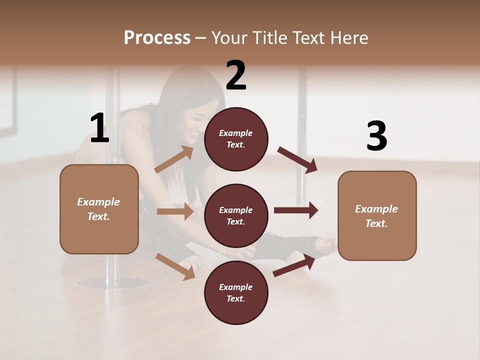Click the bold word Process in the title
click(x=157, y=38)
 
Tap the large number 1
click(x=99, y=128)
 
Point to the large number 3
click(x=376, y=136)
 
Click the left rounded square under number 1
click(x=99, y=209)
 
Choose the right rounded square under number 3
click(x=377, y=215)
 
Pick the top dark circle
click(x=236, y=139)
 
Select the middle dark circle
click(x=236, y=215)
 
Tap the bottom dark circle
click(x=236, y=292)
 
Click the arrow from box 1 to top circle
click(x=174, y=159)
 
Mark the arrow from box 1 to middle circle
click(x=175, y=211)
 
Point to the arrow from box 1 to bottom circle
click(x=175, y=266)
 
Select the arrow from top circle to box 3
click(x=297, y=160)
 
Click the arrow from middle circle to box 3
click(x=295, y=210)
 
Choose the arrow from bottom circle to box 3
click(x=294, y=264)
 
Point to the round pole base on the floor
click(x=112, y=283)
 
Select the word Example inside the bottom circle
click(x=236, y=287)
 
